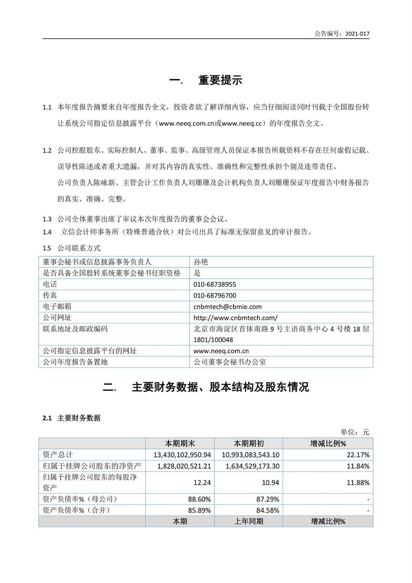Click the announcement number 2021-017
[x=357, y=34]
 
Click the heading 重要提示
[x=220, y=80]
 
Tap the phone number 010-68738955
[x=215, y=284]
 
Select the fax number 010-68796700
[x=215, y=295]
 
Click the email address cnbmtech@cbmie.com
[x=227, y=307]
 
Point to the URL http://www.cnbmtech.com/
[x=235, y=318]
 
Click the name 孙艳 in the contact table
[x=201, y=262]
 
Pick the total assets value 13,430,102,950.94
[x=182, y=455]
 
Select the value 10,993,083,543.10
[x=250, y=455]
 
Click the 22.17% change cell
[x=358, y=455]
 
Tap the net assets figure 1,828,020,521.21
[x=184, y=466]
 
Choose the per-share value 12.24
[x=202, y=483]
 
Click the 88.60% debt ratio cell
[x=199, y=499]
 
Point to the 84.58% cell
[x=267, y=510]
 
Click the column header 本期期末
[x=180, y=443]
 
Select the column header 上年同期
[x=249, y=521]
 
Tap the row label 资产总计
[x=58, y=455]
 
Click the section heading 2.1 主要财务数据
[x=71, y=418]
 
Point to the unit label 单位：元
[x=355, y=432]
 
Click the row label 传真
[x=50, y=295]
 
